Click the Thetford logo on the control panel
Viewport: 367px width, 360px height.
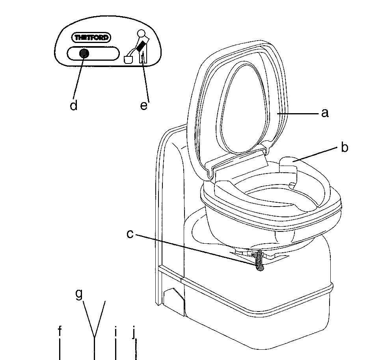coord(91,37)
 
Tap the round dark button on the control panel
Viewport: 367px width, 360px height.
coord(84,54)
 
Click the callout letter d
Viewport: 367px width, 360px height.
coord(73,106)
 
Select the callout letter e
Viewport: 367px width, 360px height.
coord(144,106)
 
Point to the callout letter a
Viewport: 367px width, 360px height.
coord(325,113)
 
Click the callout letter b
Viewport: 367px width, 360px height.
coord(345,147)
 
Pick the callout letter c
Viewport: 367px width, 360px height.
coord(130,234)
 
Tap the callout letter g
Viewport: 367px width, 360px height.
coord(79,294)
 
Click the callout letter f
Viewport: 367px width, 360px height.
coord(60,331)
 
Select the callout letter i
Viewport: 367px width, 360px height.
coord(116,332)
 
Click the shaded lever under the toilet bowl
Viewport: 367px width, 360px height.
coord(259,260)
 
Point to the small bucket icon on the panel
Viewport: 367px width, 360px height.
coord(128,60)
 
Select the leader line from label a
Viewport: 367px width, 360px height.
coord(298,114)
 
